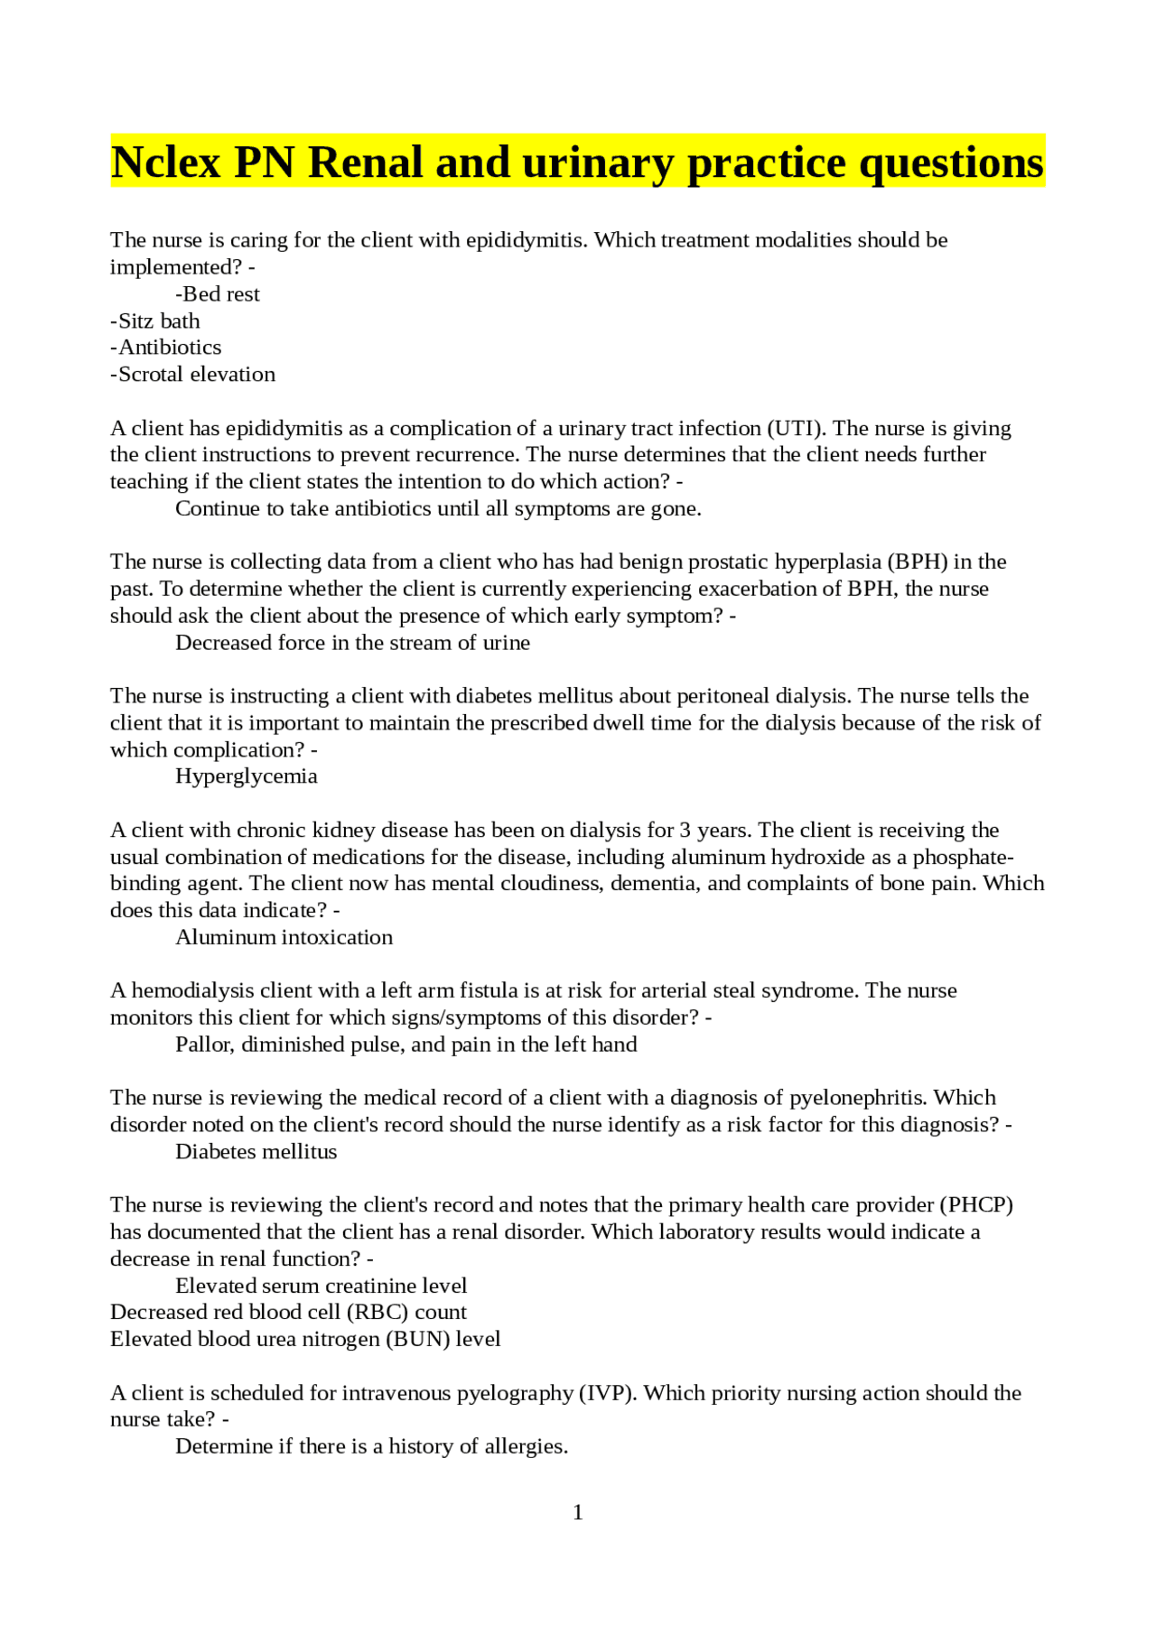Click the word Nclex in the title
click(x=166, y=163)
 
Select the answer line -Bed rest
click(x=218, y=294)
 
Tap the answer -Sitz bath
click(x=155, y=321)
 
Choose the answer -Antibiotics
click(x=166, y=348)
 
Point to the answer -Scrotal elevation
click(x=193, y=375)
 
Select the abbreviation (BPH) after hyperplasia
click(x=918, y=562)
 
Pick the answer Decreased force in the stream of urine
click(x=352, y=643)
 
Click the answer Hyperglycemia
click(x=246, y=776)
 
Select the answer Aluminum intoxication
click(x=284, y=937)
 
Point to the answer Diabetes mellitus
click(x=256, y=1152)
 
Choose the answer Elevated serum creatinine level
click(x=321, y=1286)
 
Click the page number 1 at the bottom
click(x=578, y=1512)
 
